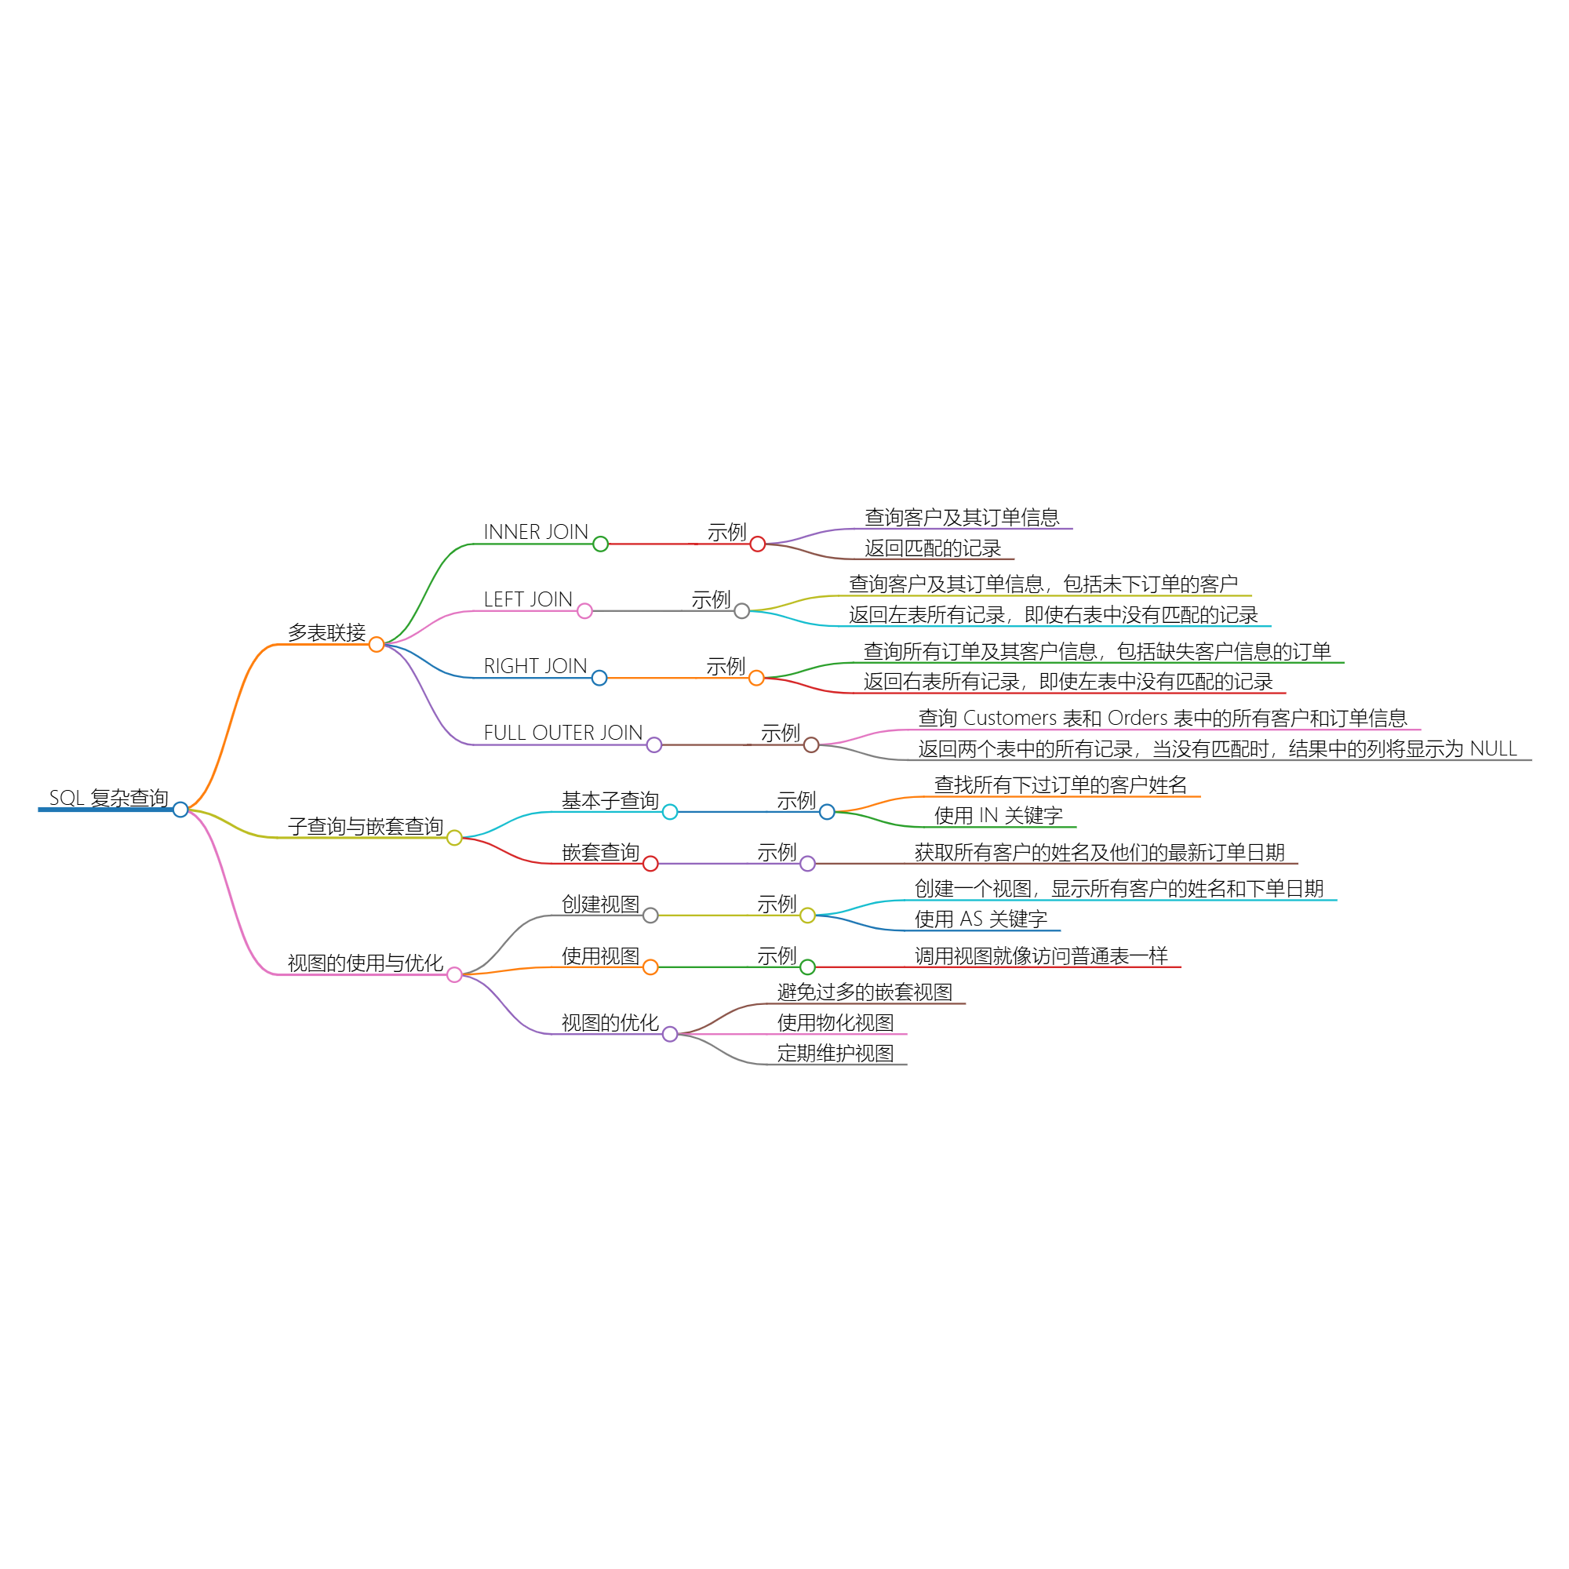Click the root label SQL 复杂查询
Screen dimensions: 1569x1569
click(109, 798)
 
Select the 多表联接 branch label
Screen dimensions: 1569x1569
click(326, 632)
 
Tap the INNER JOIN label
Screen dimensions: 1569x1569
click(536, 532)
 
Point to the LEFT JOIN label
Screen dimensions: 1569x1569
click(528, 599)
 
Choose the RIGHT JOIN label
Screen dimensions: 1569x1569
click(535, 666)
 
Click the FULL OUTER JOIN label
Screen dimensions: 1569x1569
click(562, 733)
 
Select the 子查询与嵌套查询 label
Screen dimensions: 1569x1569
click(366, 826)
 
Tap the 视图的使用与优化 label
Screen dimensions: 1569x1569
click(366, 963)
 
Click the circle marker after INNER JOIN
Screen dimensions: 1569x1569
click(600, 544)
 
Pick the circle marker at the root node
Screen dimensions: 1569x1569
click(180, 810)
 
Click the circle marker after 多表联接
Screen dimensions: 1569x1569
click(376, 644)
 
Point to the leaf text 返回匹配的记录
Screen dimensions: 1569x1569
click(932, 548)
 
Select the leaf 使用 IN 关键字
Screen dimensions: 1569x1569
click(998, 815)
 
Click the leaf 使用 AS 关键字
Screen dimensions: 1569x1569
click(981, 919)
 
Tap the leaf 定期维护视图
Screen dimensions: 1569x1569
click(835, 1054)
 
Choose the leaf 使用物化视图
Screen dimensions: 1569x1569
click(835, 1022)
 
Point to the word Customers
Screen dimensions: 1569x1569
click(1010, 718)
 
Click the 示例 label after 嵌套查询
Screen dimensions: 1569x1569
click(777, 852)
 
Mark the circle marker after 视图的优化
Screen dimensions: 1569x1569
click(670, 1034)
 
